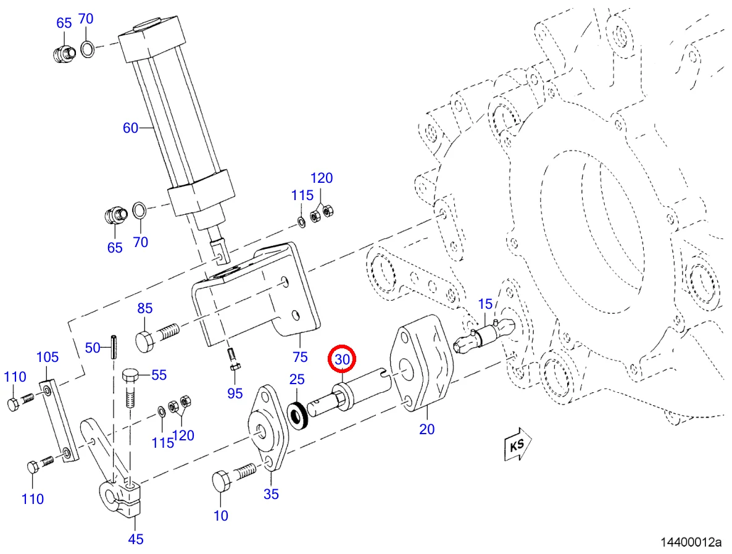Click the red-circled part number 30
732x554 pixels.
tap(342, 359)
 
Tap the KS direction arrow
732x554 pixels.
tap(518, 444)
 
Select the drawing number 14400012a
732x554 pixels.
tap(691, 542)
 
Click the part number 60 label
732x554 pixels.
tap(131, 127)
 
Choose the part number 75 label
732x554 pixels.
tap(300, 357)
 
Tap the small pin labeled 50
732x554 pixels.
tap(112, 346)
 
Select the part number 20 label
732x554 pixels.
tap(426, 429)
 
